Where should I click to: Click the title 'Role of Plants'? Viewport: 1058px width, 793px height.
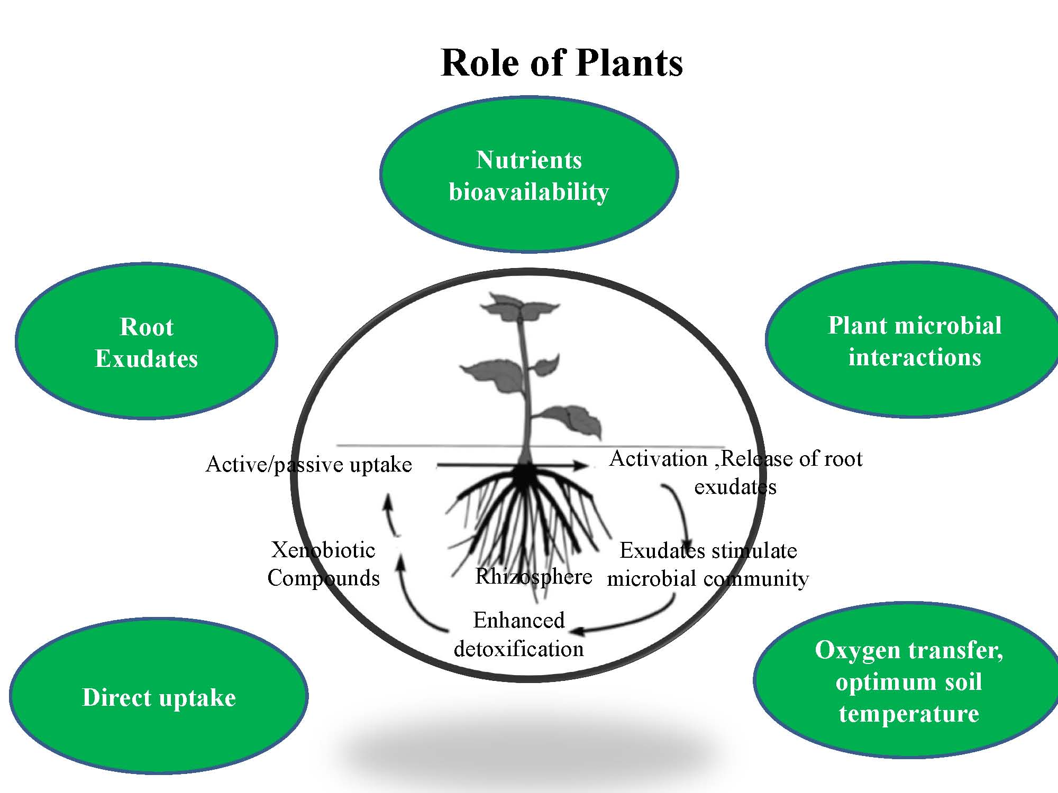(561, 63)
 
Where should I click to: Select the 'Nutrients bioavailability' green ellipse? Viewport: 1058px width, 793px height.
(528, 175)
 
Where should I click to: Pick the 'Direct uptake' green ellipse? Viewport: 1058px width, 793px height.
(159, 697)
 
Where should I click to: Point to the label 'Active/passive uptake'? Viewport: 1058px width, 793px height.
(308, 465)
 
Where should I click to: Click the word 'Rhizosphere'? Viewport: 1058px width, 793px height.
(533, 576)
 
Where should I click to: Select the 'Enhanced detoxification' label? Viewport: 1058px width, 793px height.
(518, 634)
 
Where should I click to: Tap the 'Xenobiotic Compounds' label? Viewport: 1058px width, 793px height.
(323, 564)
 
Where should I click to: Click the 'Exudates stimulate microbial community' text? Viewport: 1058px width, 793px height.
(708, 565)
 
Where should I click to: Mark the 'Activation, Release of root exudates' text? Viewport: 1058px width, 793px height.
(735, 472)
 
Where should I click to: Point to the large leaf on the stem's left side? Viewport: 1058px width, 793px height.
(492, 372)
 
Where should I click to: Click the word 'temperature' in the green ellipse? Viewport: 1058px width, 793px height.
(909, 714)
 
